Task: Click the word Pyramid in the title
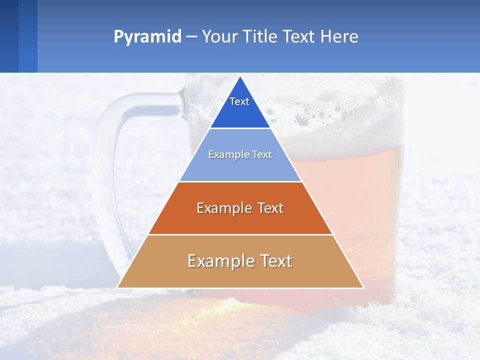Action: pos(147,37)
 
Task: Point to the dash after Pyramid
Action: pos(191,37)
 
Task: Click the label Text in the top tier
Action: pos(239,101)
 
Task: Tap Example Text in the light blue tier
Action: pos(240,154)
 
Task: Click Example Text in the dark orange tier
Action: pos(240,208)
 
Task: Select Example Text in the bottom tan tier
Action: pos(240,261)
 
